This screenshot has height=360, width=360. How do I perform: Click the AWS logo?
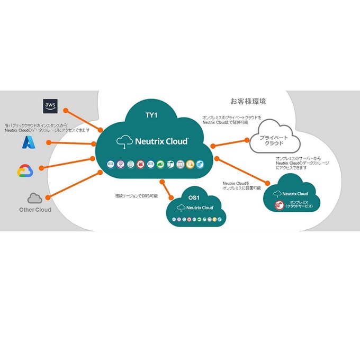50,106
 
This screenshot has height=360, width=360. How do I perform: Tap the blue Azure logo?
28,142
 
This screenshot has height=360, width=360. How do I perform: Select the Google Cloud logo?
25,171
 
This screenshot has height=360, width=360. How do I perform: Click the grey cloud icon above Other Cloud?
35,199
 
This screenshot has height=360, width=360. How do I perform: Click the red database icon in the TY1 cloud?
140,164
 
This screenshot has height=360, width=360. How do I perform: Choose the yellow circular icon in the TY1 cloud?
190,164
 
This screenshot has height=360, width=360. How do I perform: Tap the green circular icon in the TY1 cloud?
160,164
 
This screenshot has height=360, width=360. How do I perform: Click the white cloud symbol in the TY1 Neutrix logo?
124,141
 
